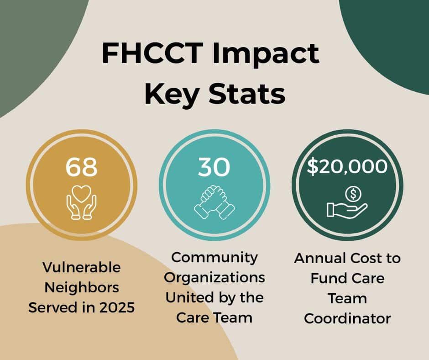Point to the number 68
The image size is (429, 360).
pos(81,167)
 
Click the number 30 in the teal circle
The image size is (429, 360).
pos(214,167)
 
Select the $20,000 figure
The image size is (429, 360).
pos(347,167)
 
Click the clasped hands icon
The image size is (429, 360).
pos(214,202)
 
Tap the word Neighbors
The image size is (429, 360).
pos(81,287)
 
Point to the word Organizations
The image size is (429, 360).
pos(214,277)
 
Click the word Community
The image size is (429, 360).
pos(214,257)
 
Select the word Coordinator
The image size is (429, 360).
pos(347,318)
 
